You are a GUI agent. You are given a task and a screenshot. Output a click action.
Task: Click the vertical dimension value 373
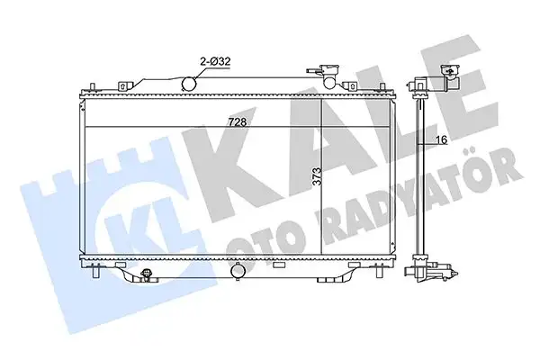coord(314,181)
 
